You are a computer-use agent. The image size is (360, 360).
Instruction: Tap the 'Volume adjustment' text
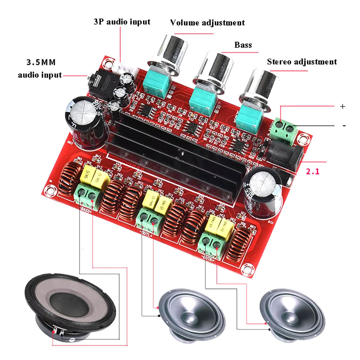click(x=207, y=23)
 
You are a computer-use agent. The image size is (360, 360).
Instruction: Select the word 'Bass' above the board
click(x=243, y=45)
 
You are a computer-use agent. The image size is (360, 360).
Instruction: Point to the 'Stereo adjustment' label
click(x=302, y=62)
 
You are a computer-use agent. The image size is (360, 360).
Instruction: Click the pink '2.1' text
click(x=312, y=172)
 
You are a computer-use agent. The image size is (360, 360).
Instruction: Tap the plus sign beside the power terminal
click(x=342, y=107)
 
